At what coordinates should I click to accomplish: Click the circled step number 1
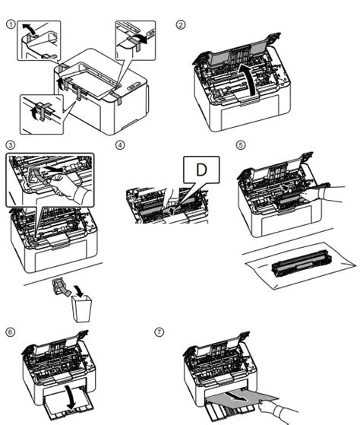tap(11, 24)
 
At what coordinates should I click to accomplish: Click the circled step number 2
tap(181, 24)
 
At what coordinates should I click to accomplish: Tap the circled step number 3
tap(11, 145)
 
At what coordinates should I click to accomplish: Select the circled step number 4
tap(120, 145)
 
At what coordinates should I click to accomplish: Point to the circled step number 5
tap(241, 145)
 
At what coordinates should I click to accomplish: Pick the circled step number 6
tap(11, 332)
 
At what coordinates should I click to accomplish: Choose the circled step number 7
tap(159, 332)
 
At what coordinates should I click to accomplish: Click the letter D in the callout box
tap(201, 170)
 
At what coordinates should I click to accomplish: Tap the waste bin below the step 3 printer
tap(81, 309)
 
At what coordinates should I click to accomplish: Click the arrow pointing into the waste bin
tap(80, 291)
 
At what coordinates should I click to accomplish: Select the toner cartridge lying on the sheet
tap(302, 264)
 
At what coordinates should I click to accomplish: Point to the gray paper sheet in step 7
tap(242, 398)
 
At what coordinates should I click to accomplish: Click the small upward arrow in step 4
tap(172, 211)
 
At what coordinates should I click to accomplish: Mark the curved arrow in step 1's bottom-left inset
tap(34, 113)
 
